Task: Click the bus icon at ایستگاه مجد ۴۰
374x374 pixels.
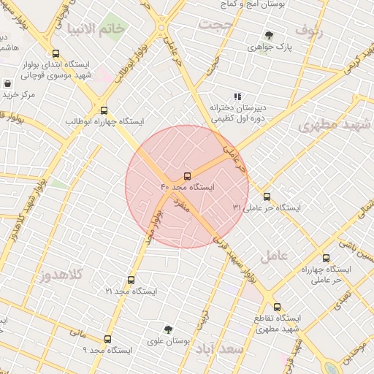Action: coord(188,176)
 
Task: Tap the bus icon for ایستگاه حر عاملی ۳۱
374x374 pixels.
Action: coord(267,196)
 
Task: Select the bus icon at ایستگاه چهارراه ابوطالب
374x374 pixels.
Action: coord(104,110)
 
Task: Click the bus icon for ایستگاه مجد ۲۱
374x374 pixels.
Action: coord(131,280)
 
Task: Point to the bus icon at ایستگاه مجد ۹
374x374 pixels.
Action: coord(108,340)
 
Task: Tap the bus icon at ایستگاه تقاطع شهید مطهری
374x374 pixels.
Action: coord(277,308)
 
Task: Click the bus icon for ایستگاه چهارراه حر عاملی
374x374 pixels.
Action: coord(326,258)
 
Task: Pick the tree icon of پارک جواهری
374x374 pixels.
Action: coord(269,35)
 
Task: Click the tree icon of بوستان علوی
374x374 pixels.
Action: coord(169,330)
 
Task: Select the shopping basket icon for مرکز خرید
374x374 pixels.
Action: coord(7,84)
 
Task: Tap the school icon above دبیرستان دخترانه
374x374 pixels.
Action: coord(237,96)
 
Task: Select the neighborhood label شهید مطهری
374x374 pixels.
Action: coord(329,125)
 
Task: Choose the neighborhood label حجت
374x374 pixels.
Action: coord(216,26)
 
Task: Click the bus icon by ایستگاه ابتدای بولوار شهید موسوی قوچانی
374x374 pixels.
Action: coord(56,53)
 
